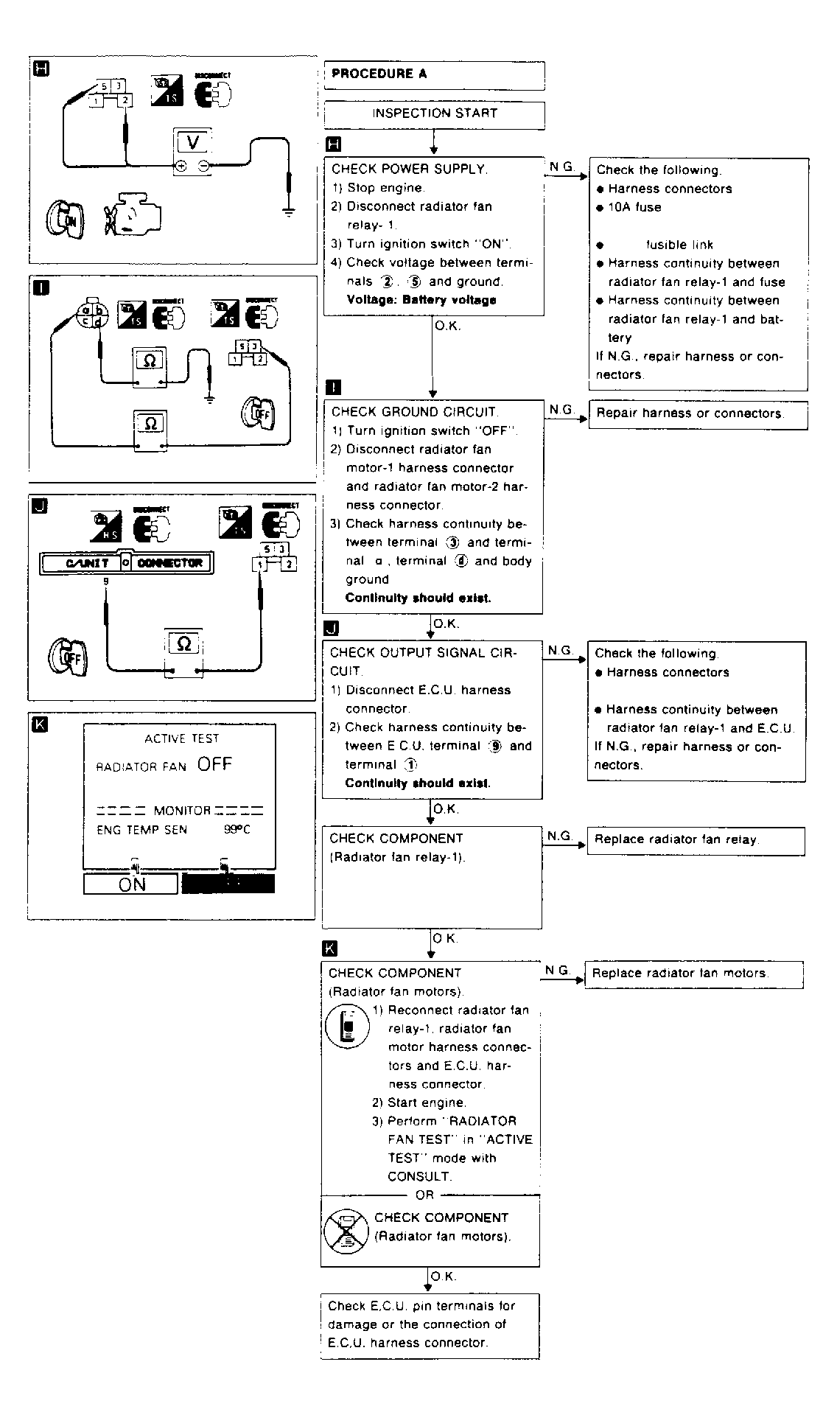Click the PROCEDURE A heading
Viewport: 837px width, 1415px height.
tap(379, 74)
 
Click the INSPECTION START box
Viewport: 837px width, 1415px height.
tap(434, 113)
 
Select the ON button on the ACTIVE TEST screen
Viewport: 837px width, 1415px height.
tap(131, 884)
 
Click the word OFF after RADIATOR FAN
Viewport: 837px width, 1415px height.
tap(214, 764)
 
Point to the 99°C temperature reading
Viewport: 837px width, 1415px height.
tap(237, 830)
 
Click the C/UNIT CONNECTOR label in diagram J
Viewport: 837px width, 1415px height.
tap(126, 563)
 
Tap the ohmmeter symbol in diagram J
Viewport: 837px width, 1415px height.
tap(184, 645)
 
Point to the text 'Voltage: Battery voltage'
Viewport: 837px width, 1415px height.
tap(421, 300)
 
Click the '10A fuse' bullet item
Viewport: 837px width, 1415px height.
tap(634, 208)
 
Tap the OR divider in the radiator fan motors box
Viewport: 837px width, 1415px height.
tap(425, 1195)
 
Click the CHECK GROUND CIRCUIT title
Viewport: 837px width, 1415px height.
tap(414, 412)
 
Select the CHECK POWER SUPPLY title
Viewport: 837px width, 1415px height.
tap(409, 169)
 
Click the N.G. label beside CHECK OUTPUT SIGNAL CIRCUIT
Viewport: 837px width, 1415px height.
tap(561, 650)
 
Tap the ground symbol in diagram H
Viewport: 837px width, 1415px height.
tap(289, 212)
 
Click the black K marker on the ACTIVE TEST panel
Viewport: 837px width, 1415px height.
tap(41, 724)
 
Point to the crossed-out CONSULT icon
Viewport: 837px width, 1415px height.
tap(346, 1231)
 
